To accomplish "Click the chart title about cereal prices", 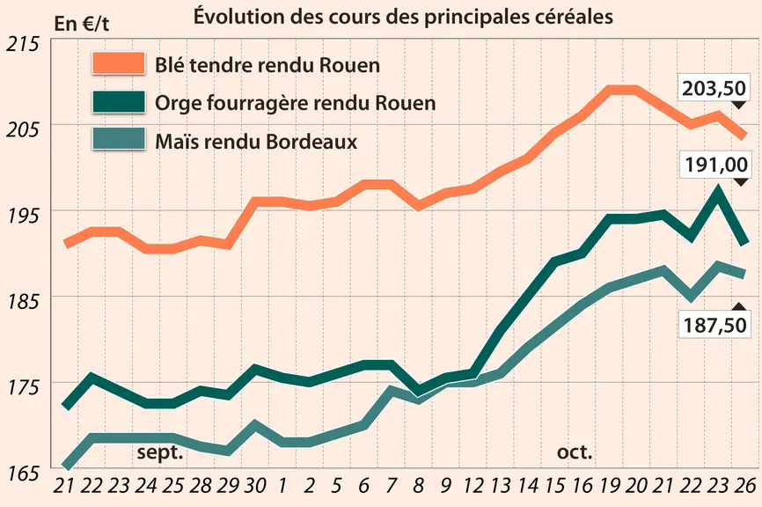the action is (403, 17).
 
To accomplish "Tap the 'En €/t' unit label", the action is (82, 24).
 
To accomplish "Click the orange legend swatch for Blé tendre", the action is (119, 63).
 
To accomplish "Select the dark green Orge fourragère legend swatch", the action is (119, 101).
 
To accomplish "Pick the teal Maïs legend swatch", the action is (119, 139).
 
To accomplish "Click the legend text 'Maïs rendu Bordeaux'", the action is (256, 142).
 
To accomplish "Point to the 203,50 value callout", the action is (714, 89).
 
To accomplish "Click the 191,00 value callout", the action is (716, 165).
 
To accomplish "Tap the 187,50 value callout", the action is (714, 325).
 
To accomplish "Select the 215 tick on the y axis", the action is (22, 44).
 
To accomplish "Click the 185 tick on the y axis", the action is (22, 301).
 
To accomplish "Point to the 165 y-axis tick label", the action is (22, 473).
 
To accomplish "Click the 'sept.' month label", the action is (160, 452).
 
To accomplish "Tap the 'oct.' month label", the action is (575, 452).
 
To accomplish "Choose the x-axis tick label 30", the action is (254, 486).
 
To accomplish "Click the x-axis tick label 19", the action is (609, 486).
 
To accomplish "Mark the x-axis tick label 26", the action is (744, 486).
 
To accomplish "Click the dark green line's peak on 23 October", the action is (717, 189).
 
